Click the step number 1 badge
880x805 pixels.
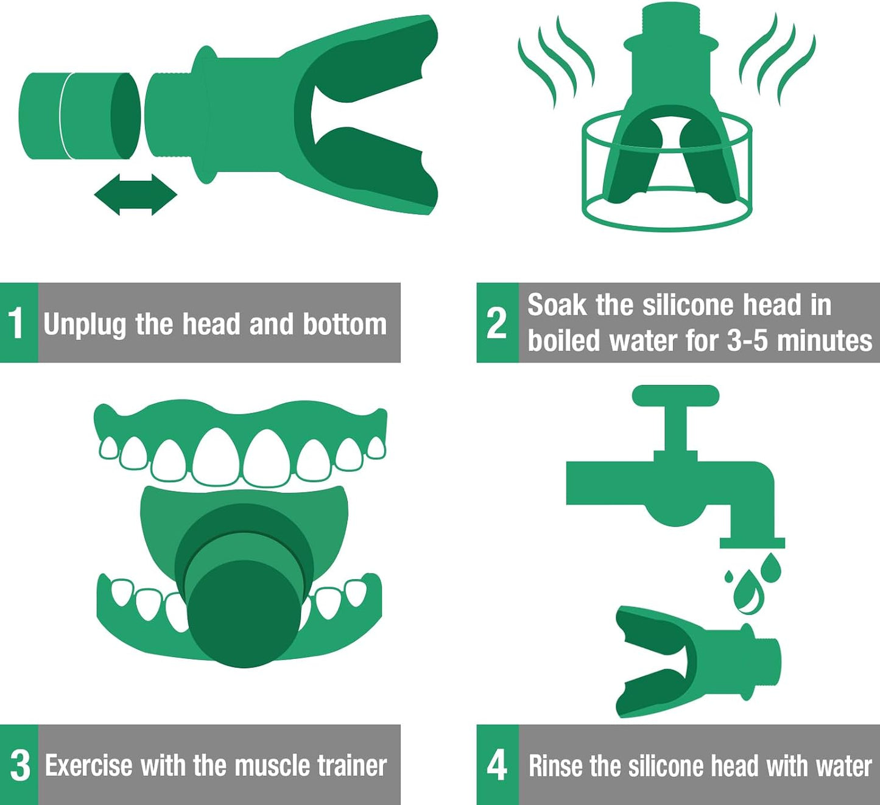[19, 323]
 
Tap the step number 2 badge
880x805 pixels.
[498, 323]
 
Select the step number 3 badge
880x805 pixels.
[19, 765]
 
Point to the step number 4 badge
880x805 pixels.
[498, 765]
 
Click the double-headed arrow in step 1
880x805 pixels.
[136, 195]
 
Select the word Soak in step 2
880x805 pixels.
[557, 304]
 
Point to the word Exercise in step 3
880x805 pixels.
[89, 765]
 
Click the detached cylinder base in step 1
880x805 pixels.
[79, 116]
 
